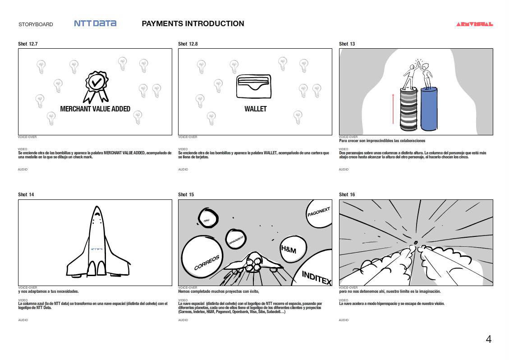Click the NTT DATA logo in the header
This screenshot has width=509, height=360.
tap(95, 23)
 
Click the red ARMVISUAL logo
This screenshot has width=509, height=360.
tap(474, 24)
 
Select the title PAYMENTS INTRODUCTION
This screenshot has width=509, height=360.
tap(193, 23)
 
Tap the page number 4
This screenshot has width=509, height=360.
tap(488, 340)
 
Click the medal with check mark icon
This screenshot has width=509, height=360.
tap(96, 85)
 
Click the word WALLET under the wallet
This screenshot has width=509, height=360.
tap(256, 109)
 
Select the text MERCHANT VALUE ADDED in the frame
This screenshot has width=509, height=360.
tap(95, 109)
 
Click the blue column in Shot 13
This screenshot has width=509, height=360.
tap(429, 109)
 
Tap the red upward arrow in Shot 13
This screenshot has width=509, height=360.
tap(393, 108)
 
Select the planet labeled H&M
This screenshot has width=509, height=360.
tap(291, 249)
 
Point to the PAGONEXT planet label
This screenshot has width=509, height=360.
tap(319, 212)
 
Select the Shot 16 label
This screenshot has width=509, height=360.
tap(347, 194)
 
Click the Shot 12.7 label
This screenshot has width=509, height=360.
tap(28, 44)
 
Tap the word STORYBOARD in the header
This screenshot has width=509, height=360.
tap(36, 24)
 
